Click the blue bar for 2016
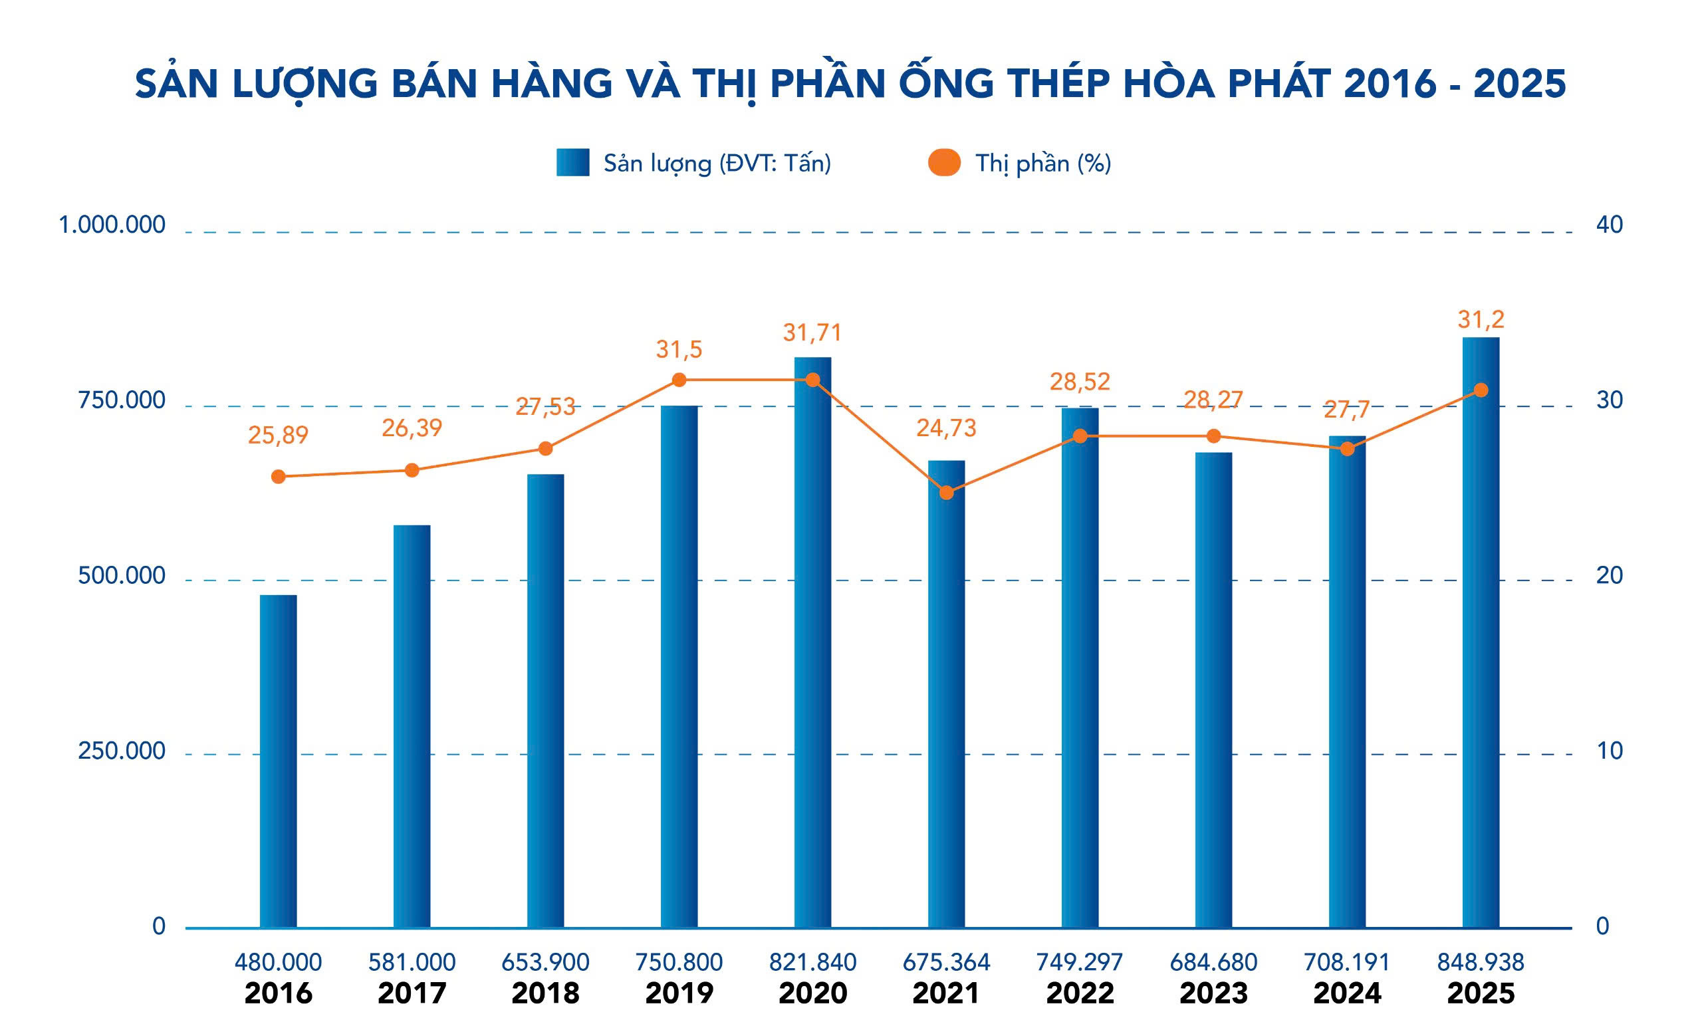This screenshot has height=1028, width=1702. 279,760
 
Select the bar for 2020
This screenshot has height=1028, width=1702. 812,642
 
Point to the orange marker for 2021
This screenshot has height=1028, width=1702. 946,493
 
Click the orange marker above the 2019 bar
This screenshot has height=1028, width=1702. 679,380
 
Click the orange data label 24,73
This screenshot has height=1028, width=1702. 945,428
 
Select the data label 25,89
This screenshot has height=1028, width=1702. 278,436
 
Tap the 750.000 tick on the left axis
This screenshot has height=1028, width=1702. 122,400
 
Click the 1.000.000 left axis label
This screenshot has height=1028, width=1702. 112,225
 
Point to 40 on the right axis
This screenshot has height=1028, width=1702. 1609,225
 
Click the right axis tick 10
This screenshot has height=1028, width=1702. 1609,751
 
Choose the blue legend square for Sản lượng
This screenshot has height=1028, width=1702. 572,162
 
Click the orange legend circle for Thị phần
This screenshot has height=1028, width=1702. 944,162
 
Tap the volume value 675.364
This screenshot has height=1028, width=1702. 945,962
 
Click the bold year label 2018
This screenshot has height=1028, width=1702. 545,993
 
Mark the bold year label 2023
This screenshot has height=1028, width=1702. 1213,993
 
